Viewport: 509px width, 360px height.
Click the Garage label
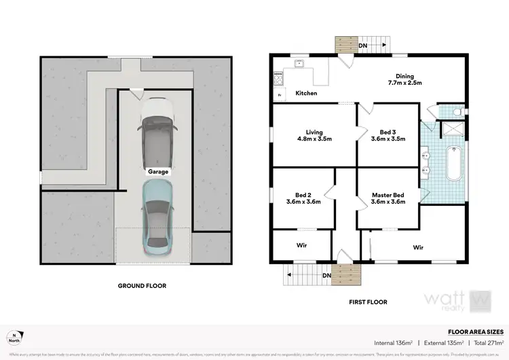(158, 172)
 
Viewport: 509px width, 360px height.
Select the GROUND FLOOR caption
(143, 286)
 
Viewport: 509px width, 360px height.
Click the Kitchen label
(305, 93)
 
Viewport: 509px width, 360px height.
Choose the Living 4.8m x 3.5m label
(314, 135)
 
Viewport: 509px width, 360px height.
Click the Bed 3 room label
(388, 135)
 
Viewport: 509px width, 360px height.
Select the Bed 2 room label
(303, 198)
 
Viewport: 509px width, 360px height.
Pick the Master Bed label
(388, 198)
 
